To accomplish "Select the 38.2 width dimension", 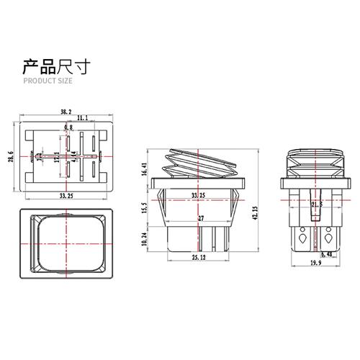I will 66,112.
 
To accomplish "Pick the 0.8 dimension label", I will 68,127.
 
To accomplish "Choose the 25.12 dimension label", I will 199,257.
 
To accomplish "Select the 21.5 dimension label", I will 316,204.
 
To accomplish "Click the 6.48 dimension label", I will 326,254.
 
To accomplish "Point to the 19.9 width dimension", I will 316,265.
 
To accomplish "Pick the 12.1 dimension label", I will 57,156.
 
